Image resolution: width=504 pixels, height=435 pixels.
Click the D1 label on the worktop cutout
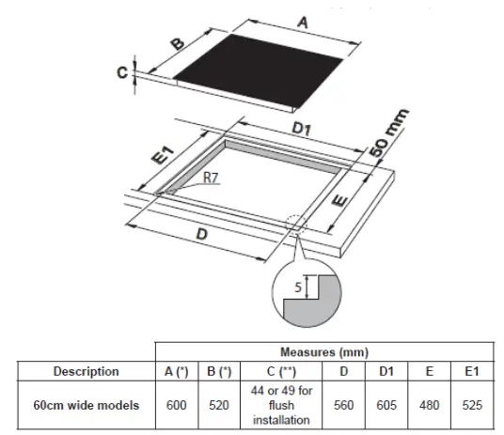[302, 128]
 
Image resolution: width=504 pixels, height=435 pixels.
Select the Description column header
[86, 371]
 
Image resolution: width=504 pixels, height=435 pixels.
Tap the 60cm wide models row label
[86, 405]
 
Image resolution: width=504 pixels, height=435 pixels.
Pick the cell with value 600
[177, 405]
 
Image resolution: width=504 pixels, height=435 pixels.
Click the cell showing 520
[219, 405]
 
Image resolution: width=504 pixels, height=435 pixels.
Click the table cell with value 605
[386, 405]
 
